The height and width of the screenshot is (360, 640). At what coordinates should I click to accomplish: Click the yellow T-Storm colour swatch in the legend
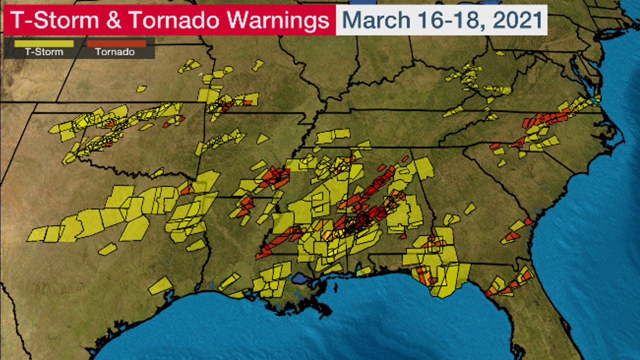coord(44,43)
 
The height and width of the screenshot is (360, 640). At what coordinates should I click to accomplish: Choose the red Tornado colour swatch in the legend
coord(116,43)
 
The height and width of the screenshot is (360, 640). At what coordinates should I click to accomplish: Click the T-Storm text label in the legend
coord(44,52)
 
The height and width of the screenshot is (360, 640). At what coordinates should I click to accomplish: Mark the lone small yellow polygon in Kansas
coord(141,88)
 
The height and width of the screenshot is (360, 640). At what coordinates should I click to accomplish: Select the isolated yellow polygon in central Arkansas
coord(262,139)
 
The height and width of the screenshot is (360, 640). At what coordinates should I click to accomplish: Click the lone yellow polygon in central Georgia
coord(469,208)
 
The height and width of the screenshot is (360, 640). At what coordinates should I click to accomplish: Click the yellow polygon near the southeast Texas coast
coord(160,286)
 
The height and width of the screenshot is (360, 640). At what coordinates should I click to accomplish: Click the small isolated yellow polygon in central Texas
coord(107,248)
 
